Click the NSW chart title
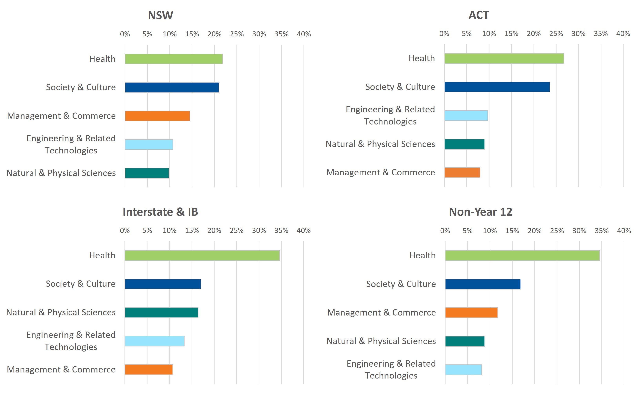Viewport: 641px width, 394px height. [x=160, y=15]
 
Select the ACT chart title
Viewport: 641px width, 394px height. [x=478, y=15]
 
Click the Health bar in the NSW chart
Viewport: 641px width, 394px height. [x=174, y=59]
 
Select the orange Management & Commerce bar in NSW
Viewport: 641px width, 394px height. [x=157, y=116]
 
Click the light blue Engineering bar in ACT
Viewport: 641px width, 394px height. [x=466, y=116]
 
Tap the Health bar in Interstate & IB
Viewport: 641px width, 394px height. [x=202, y=256]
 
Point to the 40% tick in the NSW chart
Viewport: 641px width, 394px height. [x=304, y=34]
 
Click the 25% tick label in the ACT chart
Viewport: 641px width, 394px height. [x=556, y=34]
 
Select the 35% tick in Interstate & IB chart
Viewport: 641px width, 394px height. [x=281, y=231]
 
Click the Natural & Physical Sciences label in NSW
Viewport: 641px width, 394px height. [x=61, y=173]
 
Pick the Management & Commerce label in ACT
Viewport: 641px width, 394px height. [x=381, y=172]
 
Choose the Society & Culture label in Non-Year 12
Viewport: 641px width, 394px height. [x=401, y=284]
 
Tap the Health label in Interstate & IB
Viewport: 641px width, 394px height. [x=102, y=255]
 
